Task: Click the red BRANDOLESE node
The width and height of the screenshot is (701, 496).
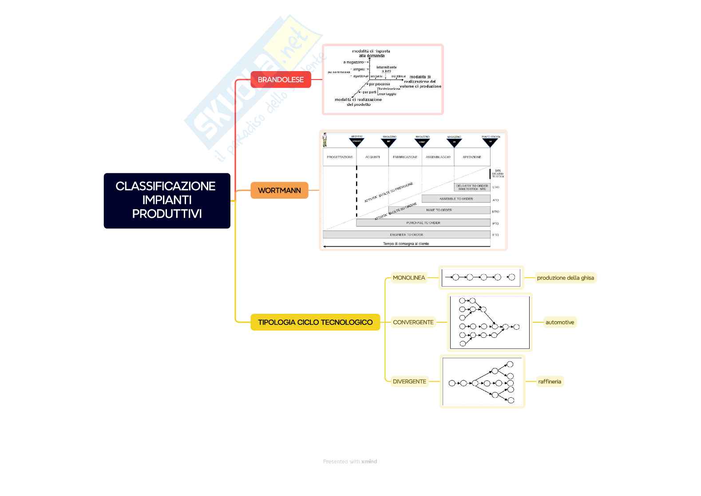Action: point(281,80)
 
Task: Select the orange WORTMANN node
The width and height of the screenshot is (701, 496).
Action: point(279,190)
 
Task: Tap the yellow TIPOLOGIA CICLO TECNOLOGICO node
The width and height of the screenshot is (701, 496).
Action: point(315,322)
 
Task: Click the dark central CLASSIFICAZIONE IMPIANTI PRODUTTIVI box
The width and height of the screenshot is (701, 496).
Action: point(167,200)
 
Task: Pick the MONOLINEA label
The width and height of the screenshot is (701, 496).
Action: point(409,278)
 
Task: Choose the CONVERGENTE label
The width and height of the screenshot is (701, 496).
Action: point(413,322)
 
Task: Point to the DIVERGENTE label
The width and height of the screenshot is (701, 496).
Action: point(409,381)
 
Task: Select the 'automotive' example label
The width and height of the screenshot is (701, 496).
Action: point(559,322)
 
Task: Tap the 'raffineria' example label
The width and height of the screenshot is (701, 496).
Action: point(550,381)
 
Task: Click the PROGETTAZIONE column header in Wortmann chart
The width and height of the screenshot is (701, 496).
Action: point(340,157)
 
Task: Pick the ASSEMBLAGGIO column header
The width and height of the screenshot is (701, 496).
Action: point(438,157)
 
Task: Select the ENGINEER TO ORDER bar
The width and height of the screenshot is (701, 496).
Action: point(406,234)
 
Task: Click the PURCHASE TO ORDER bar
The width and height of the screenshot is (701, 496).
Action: point(423,223)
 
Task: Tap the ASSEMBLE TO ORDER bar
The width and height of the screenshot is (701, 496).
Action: point(456,199)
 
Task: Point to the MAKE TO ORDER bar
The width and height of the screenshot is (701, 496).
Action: point(439,210)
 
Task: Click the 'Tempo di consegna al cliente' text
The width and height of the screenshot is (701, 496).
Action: point(406,244)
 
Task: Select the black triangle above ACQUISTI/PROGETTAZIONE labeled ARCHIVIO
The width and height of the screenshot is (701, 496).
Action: point(356,142)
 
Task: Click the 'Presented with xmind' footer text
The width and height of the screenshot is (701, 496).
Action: point(350,461)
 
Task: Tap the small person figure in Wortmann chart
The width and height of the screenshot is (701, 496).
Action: point(325,140)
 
